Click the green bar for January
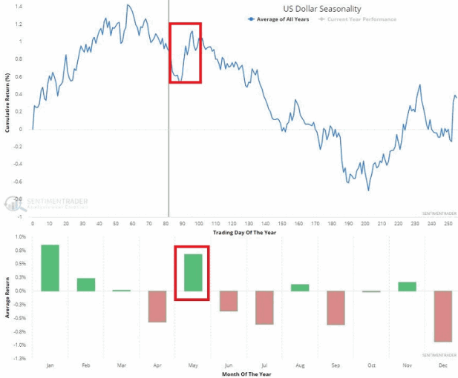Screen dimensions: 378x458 (50, 268)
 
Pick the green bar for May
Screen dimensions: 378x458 (192, 273)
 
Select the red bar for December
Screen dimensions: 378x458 (442, 316)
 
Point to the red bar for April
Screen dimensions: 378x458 (157, 306)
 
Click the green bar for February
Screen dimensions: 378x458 (85, 285)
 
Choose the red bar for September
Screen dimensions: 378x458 (335, 308)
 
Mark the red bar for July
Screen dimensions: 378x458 (264, 308)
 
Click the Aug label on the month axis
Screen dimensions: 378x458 (299, 365)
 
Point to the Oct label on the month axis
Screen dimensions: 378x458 (370, 365)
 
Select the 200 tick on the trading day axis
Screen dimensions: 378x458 (365, 222)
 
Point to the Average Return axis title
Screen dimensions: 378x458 (7, 296)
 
